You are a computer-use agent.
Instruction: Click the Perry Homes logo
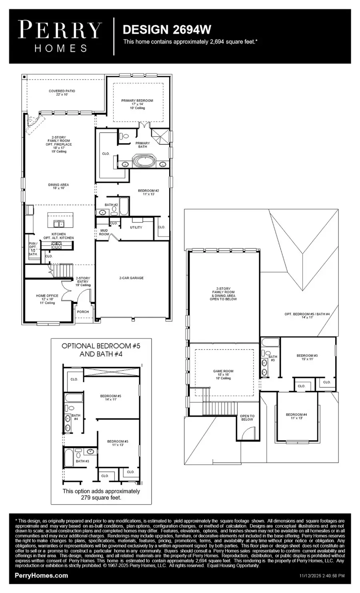(60, 37)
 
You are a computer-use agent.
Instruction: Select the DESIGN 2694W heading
(166, 29)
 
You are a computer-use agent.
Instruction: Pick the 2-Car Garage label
(131, 278)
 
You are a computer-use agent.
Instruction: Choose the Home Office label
(47, 298)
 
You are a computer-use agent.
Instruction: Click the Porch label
(83, 312)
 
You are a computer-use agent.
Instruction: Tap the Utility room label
(136, 227)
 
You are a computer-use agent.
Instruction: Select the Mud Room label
(104, 232)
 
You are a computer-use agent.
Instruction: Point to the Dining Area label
(58, 186)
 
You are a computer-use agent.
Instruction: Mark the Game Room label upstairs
(223, 374)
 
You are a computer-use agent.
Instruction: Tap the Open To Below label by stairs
(247, 418)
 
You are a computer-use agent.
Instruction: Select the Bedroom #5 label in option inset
(110, 397)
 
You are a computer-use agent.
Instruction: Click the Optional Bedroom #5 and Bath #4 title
(101, 350)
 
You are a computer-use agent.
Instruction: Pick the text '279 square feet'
(102, 498)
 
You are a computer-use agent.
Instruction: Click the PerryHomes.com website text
(41, 576)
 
